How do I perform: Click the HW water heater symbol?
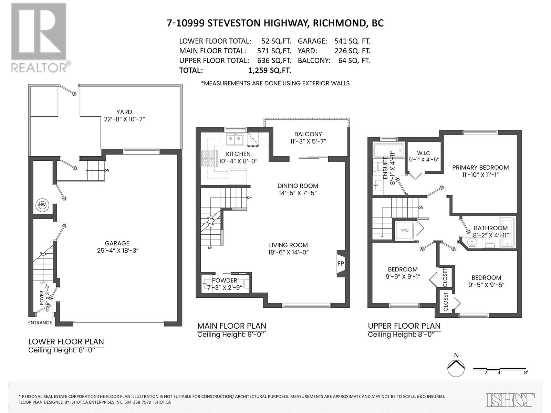[42, 205]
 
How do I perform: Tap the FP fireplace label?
[341, 264]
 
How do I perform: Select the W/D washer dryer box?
[405, 230]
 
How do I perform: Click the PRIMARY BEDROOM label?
[480, 168]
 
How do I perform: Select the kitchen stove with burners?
[208, 160]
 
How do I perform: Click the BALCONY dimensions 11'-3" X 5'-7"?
[308, 141]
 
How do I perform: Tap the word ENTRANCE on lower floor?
[40, 322]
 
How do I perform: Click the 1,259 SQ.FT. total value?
[269, 70]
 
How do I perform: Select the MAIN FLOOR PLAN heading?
[231, 326]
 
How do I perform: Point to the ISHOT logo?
[510, 400]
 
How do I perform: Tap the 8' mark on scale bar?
[526, 372]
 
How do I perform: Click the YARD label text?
[124, 112]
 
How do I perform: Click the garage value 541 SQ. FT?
[352, 41]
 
